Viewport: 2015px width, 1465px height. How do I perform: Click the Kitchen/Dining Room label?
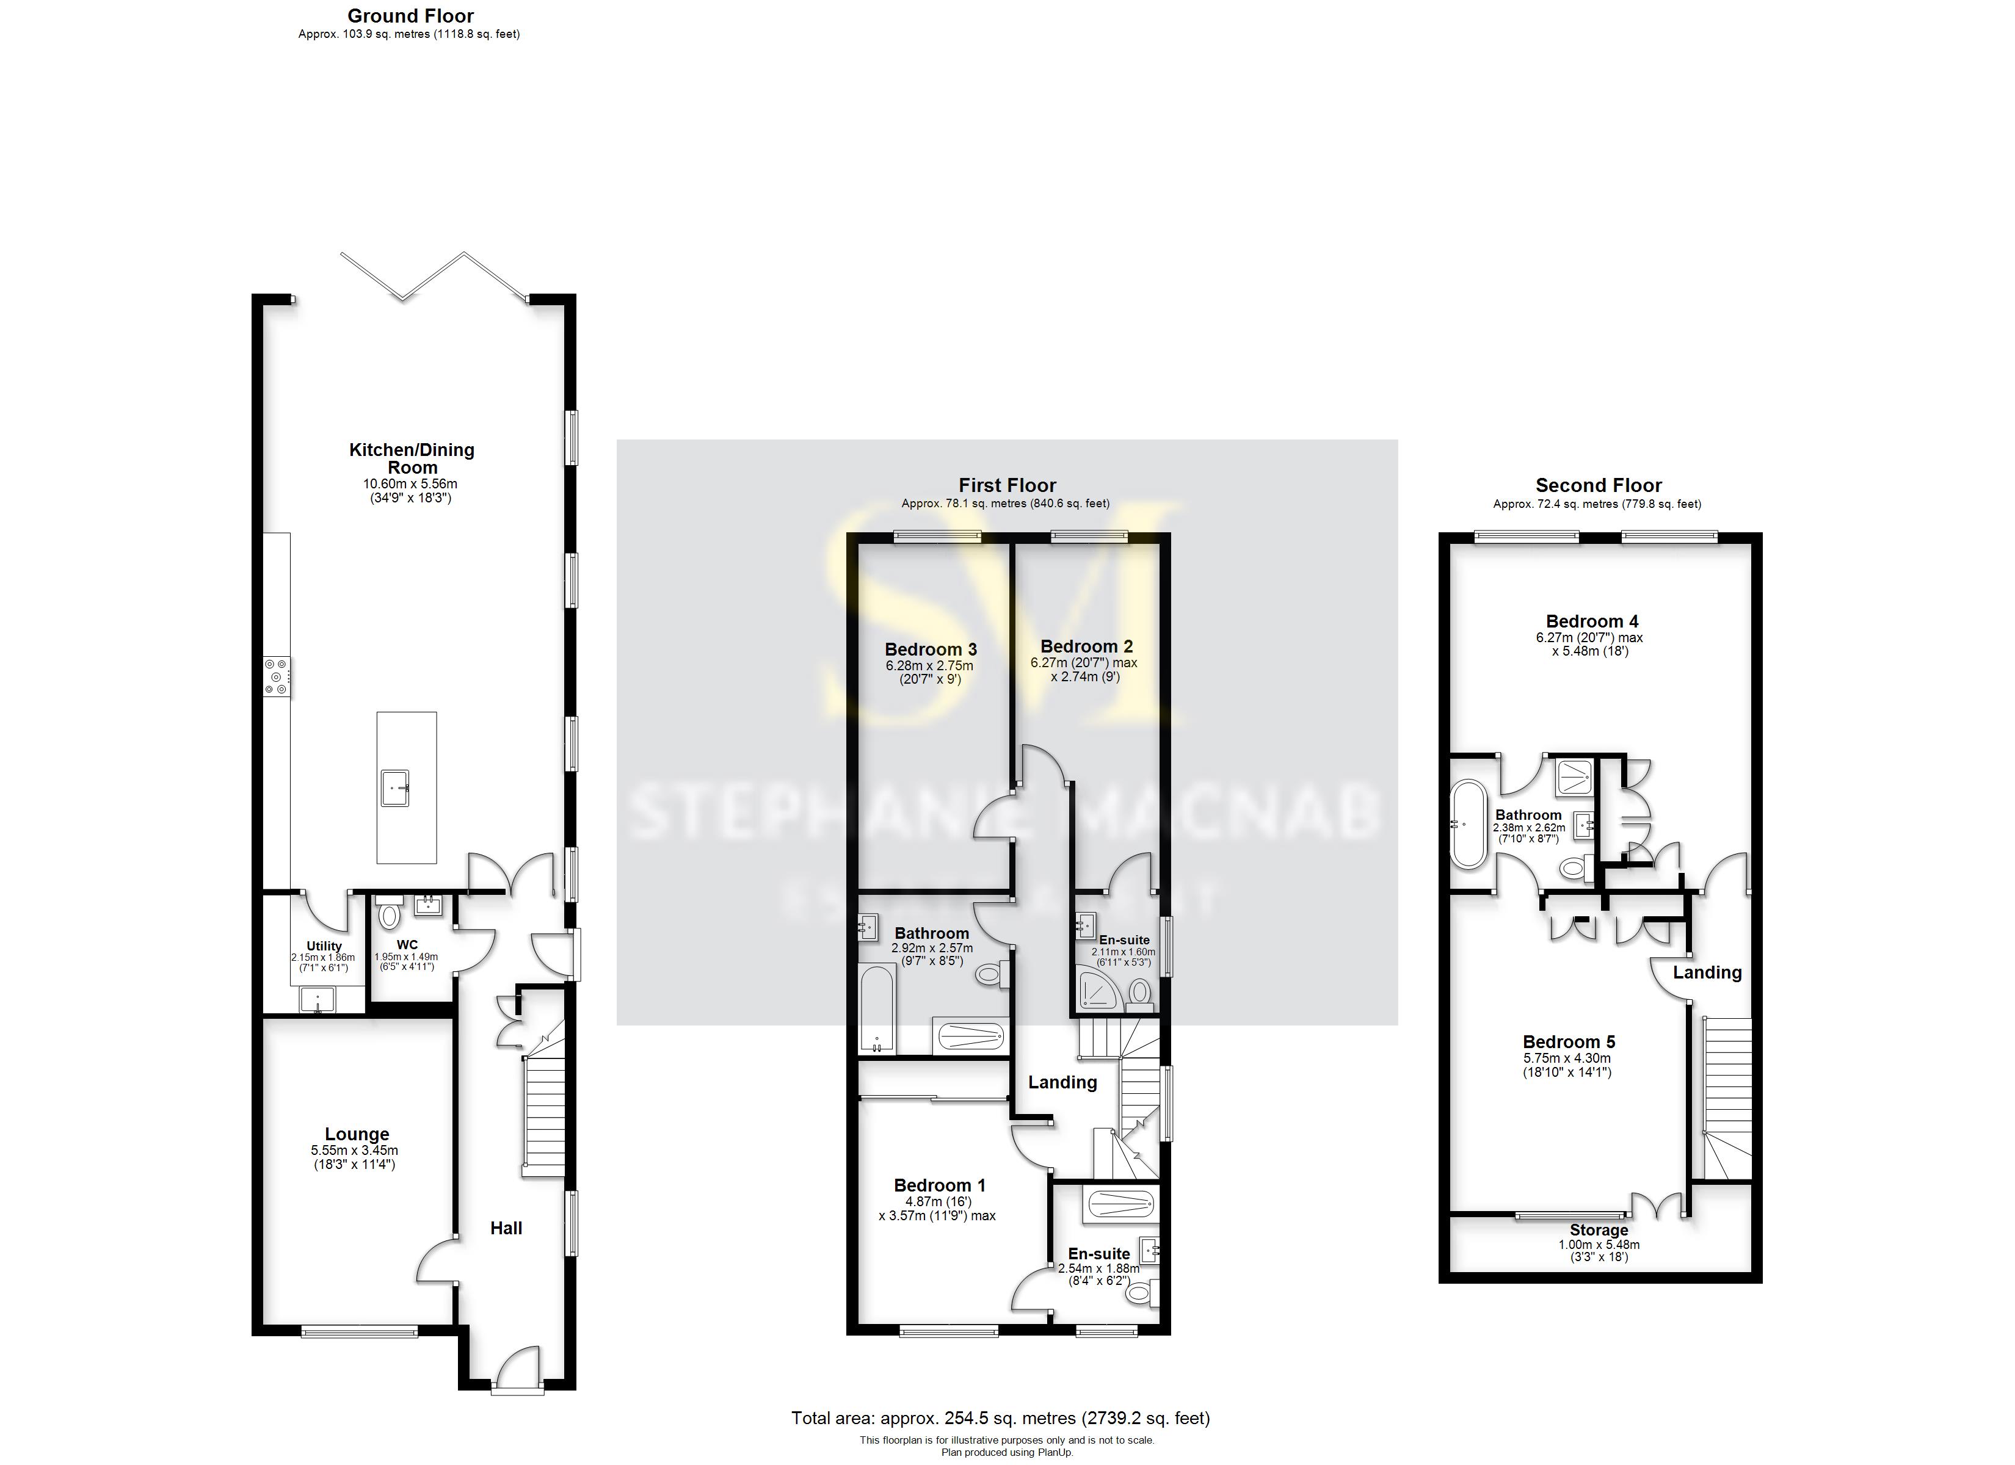[x=412, y=458]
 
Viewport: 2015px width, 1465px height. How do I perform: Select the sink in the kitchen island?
[x=395, y=787]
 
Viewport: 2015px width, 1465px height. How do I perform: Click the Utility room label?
[x=324, y=946]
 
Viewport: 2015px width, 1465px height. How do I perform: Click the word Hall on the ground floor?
[x=506, y=1228]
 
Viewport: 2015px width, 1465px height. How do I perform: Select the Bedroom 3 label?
[x=930, y=649]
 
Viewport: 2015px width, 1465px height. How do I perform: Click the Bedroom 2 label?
[x=1086, y=647]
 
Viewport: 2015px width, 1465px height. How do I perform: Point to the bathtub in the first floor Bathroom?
[x=876, y=1010]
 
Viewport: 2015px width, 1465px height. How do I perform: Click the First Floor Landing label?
[x=1062, y=1082]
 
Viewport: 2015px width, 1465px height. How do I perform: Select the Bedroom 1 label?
[x=939, y=1185]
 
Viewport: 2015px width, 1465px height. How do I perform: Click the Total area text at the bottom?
[x=1000, y=1419]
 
